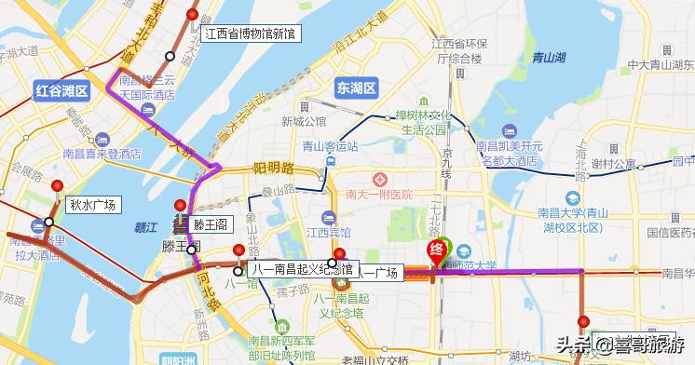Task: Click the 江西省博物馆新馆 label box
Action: coord(250,34)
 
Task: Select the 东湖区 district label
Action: coord(356,88)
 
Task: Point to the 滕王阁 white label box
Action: coord(211,225)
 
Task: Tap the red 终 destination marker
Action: coord(435,250)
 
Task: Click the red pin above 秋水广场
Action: coord(58,185)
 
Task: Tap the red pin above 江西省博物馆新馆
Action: coord(193,15)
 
